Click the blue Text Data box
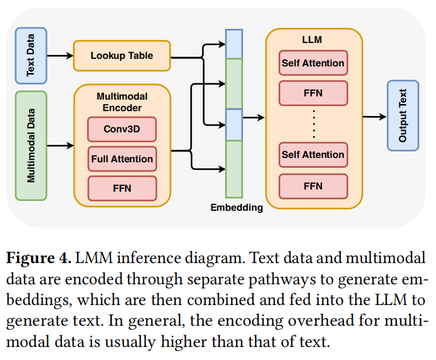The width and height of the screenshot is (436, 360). pos(31,56)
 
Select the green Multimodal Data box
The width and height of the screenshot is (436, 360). pos(31,145)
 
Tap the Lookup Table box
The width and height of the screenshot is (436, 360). pos(122,56)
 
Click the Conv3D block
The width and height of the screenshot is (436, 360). pos(122,130)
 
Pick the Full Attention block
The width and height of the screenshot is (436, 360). pos(122,159)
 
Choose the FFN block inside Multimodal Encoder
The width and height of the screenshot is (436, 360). pos(122,188)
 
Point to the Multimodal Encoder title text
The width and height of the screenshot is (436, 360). pos(122,102)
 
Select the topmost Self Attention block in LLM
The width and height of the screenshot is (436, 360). pos(313,63)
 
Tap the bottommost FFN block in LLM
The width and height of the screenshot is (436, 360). pos(313,186)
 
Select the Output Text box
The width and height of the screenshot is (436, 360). pos(403,116)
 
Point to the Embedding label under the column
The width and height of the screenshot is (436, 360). pos(237,208)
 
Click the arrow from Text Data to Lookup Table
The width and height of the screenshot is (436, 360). pos(60,56)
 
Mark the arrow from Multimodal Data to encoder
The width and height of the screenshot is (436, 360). pos(60,145)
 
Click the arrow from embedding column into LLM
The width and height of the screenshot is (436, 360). pos(253,117)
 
